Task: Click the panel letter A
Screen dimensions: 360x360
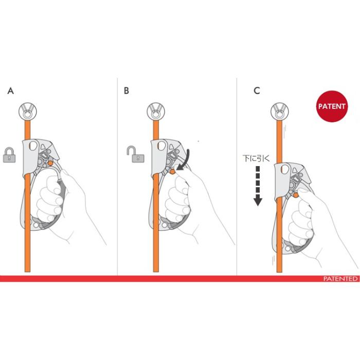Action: pyautogui.click(x=11, y=91)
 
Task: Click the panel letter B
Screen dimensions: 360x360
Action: pyautogui.click(x=127, y=91)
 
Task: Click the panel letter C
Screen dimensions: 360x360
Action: pyautogui.click(x=257, y=91)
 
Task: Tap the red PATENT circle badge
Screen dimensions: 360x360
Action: pyautogui.click(x=332, y=106)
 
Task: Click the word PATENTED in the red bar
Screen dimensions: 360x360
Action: pyautogui.click(x=340, y=279)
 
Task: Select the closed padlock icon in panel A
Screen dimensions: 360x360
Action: pyautogui.click(x=9, y=155)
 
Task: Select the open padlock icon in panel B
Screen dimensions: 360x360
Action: pyautogui.click(x=135, y=154)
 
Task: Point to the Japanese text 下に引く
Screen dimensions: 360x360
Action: pyautogui.click(x=256, y=158)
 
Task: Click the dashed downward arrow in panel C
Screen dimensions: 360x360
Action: pyautogui.click(x=258, y=186)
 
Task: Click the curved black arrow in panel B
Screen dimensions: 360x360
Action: pyautogui.click(x=186, y=160)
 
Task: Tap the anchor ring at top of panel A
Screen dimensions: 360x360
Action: pyautogui.click(x=28, y=112)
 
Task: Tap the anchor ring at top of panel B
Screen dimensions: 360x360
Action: pyautogui.click(x=156, y=112)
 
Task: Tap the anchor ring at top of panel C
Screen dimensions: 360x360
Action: pyautogui.click(x=279, y=112)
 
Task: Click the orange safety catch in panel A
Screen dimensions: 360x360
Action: pyautogui.click(x=50, y=163)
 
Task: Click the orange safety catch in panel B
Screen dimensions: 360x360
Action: pyautogui.click(x=172, y=171)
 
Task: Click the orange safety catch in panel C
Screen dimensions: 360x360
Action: pyautogui.click(x=296, y=195)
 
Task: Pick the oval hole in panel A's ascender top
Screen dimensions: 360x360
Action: pyautogui.click(x=33, y=146)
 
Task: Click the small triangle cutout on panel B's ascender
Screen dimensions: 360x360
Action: pyautogui.click(x=171, y=147)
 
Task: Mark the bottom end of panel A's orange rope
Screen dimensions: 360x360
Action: pyautogui.click(x=27, y=272)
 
